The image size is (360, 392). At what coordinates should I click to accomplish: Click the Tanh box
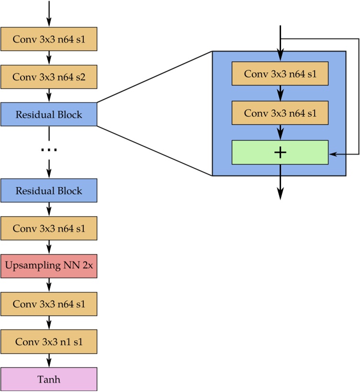coord(49,380)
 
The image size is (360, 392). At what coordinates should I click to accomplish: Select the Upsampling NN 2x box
coord(49,266)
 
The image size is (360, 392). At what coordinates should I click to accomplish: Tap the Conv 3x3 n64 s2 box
coord(49,77)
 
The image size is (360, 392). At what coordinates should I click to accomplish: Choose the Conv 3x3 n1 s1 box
coord(49,342)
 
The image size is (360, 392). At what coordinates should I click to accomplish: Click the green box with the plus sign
coord(280,152)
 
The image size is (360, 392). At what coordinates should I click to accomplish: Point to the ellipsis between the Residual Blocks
coord(49,150)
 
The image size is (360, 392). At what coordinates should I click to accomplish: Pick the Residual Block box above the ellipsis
coord(49,115)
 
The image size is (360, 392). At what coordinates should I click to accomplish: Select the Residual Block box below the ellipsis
coord(49,190)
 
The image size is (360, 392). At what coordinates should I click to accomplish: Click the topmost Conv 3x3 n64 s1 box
coord(49,39)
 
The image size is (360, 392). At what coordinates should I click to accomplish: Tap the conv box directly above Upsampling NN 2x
coord(49,228)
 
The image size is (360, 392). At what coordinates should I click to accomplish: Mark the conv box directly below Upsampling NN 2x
coord(49,304)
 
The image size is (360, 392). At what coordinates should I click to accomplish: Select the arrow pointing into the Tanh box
coord(49,361)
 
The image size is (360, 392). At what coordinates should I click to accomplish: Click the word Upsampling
coord(29,266)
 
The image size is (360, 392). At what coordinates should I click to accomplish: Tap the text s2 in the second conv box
coord(80,77)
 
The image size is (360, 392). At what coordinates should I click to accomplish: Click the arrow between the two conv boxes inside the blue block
coord(280,93)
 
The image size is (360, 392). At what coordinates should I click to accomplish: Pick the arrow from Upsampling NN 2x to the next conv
coord(49,285)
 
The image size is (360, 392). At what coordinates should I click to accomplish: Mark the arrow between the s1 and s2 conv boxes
coord(49,58)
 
